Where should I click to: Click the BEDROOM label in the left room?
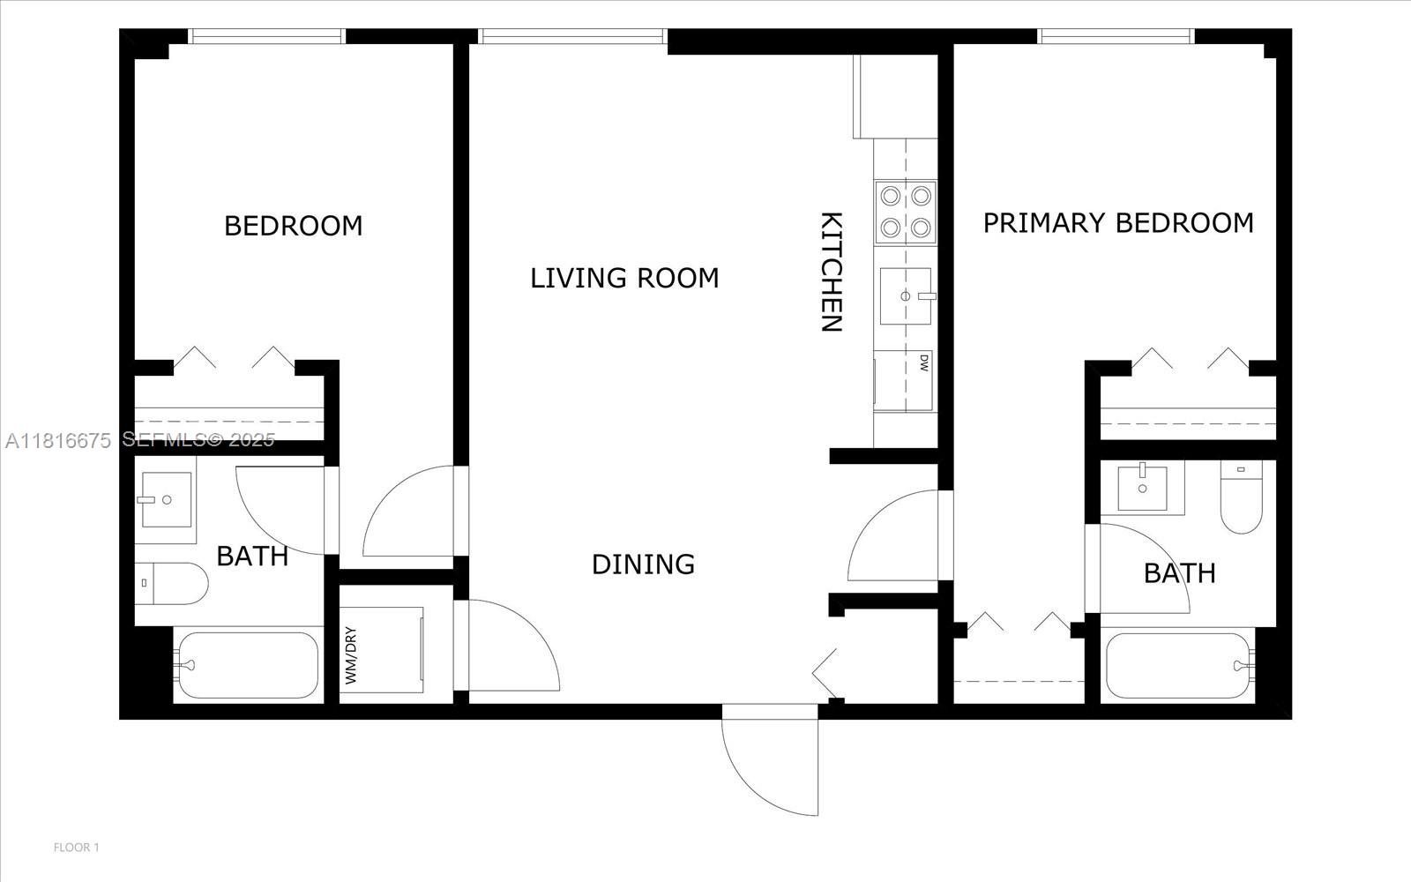coord(293,226)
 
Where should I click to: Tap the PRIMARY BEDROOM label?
coord(1118,222)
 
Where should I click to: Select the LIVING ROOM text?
coord(624,278)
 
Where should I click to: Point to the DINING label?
coord(643,564)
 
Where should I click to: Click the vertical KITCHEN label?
coord(831,272)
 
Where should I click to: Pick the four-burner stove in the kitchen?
coord(905,213)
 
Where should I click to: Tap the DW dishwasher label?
coord(924,363)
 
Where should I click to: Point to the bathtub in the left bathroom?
coord(247,665)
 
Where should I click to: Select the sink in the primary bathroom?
coord(1142,488)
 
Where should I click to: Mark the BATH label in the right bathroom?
coord(1179,573)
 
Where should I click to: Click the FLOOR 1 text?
coord(77,848)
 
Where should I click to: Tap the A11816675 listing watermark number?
coord(58,440)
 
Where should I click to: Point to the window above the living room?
coord(572,36)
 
